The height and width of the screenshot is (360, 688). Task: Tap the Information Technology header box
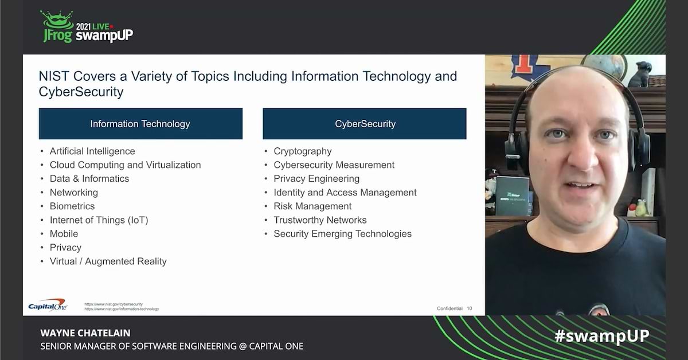(140, 124)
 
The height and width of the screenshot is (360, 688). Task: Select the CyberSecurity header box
(365, 124)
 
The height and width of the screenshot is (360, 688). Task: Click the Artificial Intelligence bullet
(92, 151)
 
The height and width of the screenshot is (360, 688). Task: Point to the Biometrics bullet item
(72, 206)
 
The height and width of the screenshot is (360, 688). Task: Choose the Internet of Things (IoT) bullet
(99, 220)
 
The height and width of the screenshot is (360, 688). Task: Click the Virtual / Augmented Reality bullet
(108, 261)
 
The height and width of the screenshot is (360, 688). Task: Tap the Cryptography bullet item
(303, 151)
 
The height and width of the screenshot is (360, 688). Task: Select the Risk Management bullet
(312, 206)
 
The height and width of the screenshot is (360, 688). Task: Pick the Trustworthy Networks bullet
(320, 220)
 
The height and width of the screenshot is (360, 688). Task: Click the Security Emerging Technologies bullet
(342, 234)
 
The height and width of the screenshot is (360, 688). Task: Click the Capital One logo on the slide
(48, 305)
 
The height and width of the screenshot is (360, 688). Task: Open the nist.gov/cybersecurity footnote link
(114, 304)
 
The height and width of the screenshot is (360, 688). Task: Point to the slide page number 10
(470, 308)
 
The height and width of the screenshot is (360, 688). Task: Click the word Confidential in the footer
(449, 308)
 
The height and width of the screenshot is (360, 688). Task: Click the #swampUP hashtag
(602, 336)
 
